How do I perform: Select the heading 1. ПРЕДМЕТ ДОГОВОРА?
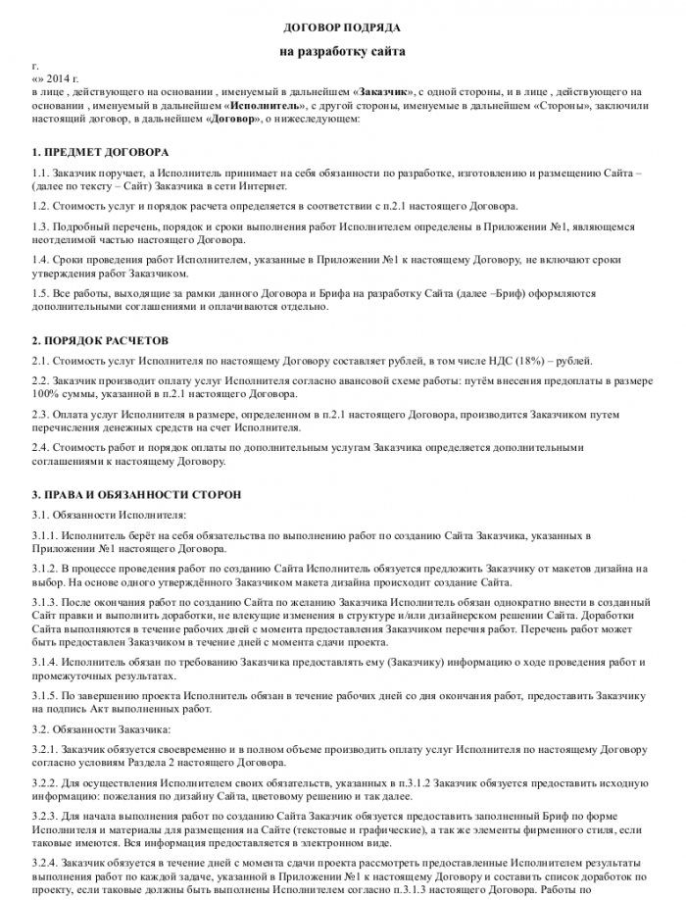[100, 152]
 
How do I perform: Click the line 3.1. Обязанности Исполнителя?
[107, 515]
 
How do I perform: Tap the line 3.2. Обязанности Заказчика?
[101, 728]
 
